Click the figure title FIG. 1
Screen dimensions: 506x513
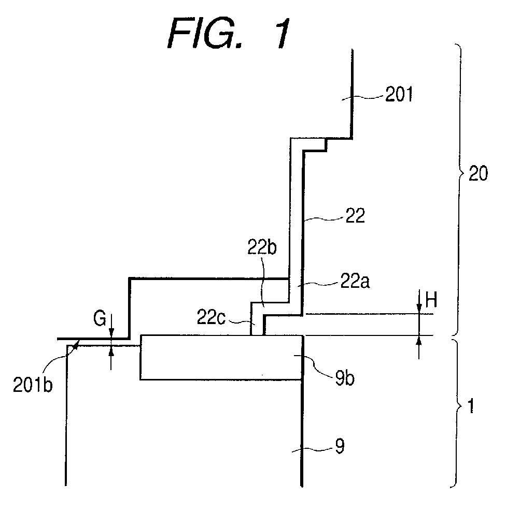tap(229, 34)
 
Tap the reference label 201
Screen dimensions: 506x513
tap(399, 95)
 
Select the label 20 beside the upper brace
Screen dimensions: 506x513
tap(478, 173)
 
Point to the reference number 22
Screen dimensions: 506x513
tap(355, 216)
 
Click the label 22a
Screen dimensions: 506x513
tap(355, 282)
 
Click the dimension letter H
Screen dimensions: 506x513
tap(431, 300)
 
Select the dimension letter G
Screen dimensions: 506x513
tap(100, 318)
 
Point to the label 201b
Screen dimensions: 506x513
tap(33, 385)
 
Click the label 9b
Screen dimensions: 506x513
tap(345, 379)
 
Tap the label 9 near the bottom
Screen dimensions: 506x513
tap(340, 446)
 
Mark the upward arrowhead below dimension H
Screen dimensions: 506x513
tap(419, 341)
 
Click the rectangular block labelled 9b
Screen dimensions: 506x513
tap(221, 357)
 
